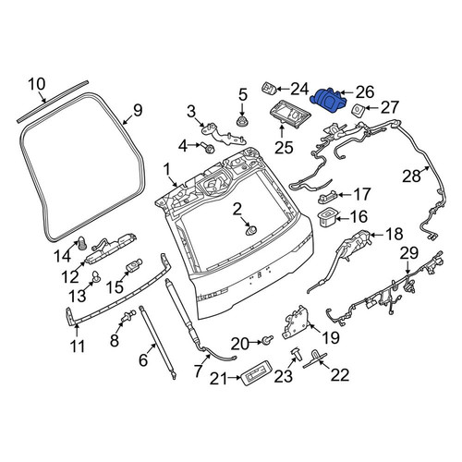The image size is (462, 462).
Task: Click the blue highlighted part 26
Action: pyautogui.click(x=328, y=100)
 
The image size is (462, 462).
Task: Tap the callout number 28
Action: pyautogui.click(x=411, y=176)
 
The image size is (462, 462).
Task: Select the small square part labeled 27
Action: pyautogui.click(x=358, y=109)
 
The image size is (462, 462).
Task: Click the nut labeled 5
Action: pyautogui.click(x=242, y=121)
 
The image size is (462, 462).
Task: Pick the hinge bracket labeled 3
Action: pyautogui.click(x=223, y=134)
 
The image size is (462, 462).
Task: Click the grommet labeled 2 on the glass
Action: pyautogui.click(x=250, y=231)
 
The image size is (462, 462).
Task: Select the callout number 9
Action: pyautogui.click(x=138, y=110)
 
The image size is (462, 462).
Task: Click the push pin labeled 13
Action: pyautogui.click(x=96, y=276)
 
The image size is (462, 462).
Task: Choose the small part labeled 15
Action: pyautogui.click(x=134, y=265)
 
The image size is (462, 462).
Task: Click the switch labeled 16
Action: pyautogui.click(x=328, y=218)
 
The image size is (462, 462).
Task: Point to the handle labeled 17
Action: pyautogui.click(x=328, y=198)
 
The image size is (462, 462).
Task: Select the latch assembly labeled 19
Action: pyautogui.click(x=297, y=322)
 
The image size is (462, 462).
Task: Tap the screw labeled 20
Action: pyautogui.click(x=268, y=339)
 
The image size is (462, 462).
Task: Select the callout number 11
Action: pyautogui.click(x=78, y=346)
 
